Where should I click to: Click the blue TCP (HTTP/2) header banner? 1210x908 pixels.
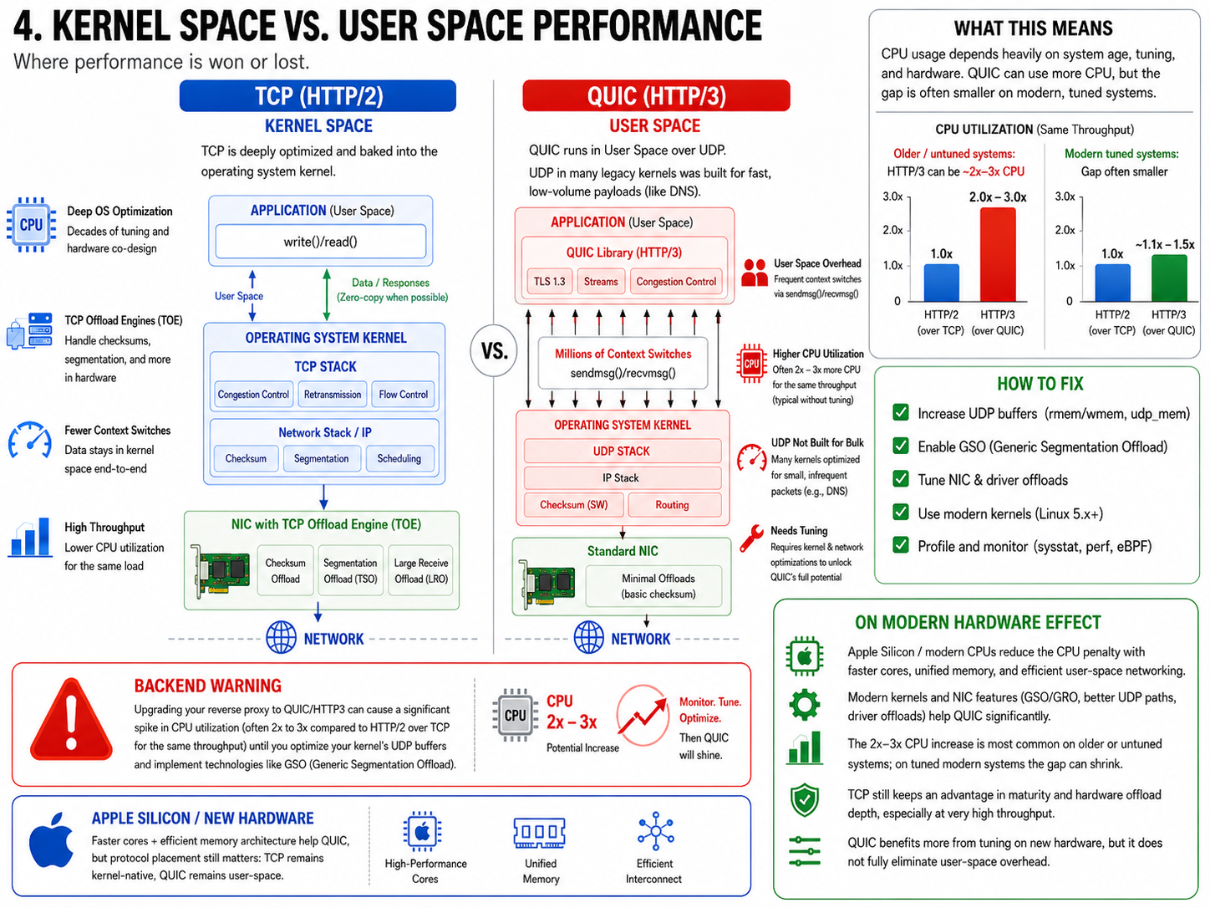[x=318, y=96]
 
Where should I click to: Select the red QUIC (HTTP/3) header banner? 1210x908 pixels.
[x=656, y=96]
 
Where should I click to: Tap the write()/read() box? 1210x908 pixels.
[x=320, y=242]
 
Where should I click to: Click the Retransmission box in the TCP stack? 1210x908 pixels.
[x=333, y=395]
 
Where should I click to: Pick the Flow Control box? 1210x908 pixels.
[x=403, y=395]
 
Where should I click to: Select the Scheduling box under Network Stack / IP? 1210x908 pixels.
[x=399, y=459]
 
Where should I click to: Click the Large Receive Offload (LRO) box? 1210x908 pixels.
[x=420, y=570]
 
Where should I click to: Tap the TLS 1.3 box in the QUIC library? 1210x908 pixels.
[x=550, y=282]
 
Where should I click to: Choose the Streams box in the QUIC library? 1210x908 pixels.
[x=601, y=282]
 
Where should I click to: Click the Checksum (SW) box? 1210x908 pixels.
[x=573, y=505]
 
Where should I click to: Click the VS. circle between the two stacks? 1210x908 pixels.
[x=493, y=350]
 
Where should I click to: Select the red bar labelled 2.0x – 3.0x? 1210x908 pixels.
[x=997, y=255]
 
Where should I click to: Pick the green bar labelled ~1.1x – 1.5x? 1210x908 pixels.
[x=1169, y=278]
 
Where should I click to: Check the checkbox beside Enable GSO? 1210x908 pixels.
[x=901, y=446]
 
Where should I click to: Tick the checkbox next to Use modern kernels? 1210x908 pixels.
[x=901, y=513]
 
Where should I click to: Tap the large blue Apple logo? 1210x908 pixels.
[x=51, y=840]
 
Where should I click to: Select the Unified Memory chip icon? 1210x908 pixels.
[x=539, y=833]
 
